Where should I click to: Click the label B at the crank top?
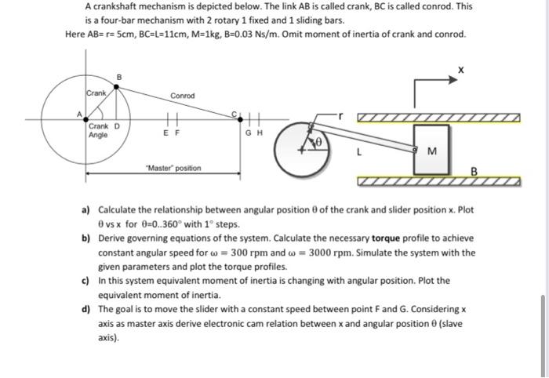[x=118, y=76]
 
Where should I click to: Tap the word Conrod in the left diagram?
[x=182, y=96]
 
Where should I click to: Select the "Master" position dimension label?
[x=173, y=168]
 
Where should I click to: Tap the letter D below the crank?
[x=117, y=126]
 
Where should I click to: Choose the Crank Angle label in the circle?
[x=99, y=130]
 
